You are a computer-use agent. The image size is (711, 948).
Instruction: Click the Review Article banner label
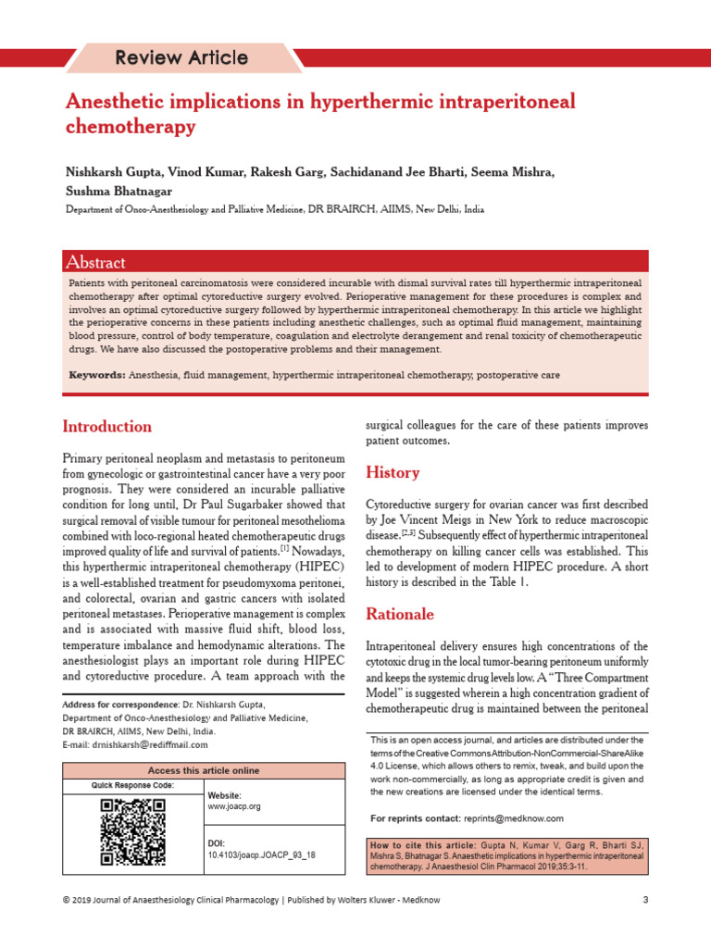[181, 58]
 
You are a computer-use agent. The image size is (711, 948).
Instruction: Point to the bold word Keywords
[97, 375]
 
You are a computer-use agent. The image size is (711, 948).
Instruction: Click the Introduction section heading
[106, 427]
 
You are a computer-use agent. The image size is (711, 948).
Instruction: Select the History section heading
[393, 473]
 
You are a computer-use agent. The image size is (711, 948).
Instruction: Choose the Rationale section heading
[400, 614]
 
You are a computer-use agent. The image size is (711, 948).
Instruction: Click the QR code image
[132, 832]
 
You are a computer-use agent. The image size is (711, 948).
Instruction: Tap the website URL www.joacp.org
[234, 806]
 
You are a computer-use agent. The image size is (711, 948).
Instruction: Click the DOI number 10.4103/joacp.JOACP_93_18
[262, 854]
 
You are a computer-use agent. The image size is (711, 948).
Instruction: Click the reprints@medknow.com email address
[513, 818]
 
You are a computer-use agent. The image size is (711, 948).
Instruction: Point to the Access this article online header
[204, 770]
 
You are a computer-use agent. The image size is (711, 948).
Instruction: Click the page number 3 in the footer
[644, 900]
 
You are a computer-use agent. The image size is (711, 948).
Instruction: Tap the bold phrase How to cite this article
[422, 846]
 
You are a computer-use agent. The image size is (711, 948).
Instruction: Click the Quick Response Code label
[132, 786]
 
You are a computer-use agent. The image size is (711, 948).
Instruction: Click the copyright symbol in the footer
[65, 900]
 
